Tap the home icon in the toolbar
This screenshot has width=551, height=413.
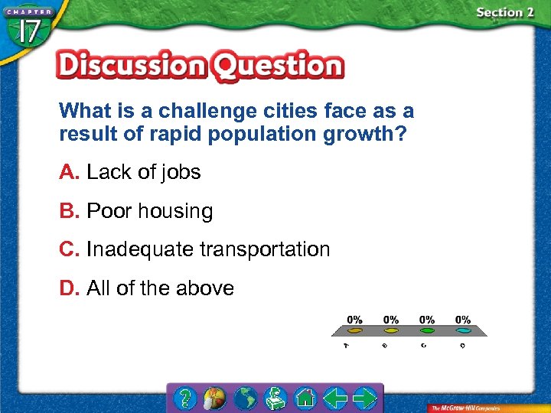[x=305, y=398]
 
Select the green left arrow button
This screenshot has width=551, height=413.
[x=334, y=398]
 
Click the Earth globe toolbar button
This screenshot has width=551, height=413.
[x=245, y=398]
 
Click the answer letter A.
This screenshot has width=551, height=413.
[x=69, y=172]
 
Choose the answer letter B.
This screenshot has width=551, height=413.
[x=69, y=211]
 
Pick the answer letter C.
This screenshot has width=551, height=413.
[x=69, y=249]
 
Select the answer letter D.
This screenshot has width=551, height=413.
[x=69, y=288]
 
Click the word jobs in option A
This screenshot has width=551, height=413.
[x=181, y=173]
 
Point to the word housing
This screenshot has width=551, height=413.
[x=177, y=212]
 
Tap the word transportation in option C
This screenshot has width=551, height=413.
[x=265, y=249]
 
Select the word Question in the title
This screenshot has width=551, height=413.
[x=277, y=67]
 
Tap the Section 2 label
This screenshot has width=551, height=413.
[x=504, y=12]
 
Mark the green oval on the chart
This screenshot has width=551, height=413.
[x=426, y=330]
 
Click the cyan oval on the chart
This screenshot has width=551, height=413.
[x=462, y=330]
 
